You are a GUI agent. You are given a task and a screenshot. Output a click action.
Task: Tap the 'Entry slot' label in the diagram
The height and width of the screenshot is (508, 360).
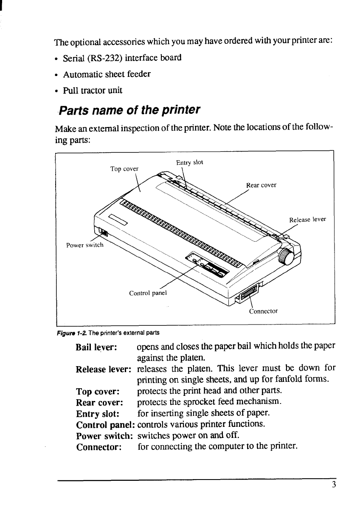point(189,162)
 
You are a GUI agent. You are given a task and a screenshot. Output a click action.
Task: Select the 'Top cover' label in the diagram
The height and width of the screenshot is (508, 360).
point(124,169)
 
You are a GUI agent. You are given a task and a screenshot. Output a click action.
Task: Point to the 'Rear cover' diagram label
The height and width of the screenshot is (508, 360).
point(261,185)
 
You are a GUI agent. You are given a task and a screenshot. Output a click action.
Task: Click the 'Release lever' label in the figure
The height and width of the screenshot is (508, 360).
point(307,220)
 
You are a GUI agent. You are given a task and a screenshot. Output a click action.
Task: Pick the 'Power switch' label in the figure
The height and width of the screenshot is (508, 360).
point(84,245)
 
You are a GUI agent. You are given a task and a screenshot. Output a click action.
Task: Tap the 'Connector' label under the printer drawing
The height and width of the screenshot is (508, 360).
point(263,311)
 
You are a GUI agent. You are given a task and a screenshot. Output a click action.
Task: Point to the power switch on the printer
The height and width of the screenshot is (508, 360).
point(103,232)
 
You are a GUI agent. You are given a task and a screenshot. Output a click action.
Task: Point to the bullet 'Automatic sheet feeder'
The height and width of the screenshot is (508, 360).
point(107,74)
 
